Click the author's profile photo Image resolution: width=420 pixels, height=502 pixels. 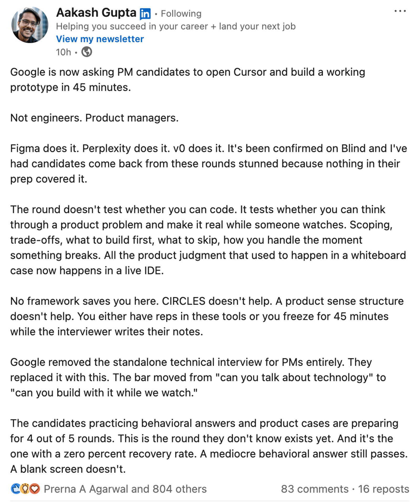point(30,25)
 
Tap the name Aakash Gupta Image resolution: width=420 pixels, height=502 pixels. point(96,13)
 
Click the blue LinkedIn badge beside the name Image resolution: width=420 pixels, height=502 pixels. point(145,14)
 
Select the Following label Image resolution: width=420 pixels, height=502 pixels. point(181,14)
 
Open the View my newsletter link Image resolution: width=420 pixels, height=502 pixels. point(100,39)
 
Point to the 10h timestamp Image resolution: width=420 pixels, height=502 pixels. point(64,52)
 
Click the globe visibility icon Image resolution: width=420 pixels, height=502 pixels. point(87,52)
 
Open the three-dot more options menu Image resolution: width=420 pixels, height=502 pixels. point(400,11)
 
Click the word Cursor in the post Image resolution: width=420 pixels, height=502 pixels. point(250,72)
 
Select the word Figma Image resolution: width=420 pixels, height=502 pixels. point(25,149)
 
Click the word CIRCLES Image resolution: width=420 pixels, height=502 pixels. point(183,301)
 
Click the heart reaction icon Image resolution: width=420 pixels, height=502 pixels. point(35,489)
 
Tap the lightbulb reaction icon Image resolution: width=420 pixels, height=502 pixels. point(25,489)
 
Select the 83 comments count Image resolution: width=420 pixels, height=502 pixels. point(314,489)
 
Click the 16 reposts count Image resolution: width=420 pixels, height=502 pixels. point(384,489)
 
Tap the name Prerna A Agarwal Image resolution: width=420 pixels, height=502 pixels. point(86,489)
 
